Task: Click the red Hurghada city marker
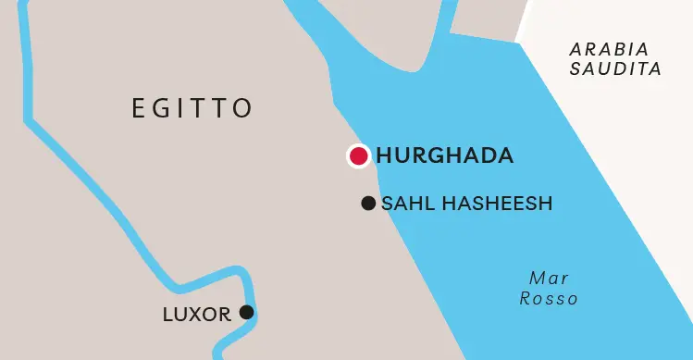tap(358, 156)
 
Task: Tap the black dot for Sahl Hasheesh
tap(368, 204)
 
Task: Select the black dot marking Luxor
tap(246, 312)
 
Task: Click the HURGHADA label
tap(444, 156)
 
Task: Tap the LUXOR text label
tap(196, 315)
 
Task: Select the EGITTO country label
tap(192, 108)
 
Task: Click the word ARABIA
tap(609, 49)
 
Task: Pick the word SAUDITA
tap(615, 68)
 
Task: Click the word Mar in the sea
tap(549, 279)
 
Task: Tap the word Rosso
tap(549, 299)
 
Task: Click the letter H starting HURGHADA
tap(384, 156)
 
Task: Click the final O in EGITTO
tap(242, 108)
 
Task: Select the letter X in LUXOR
tap(196, 315)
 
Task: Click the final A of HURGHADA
tap(503, 156)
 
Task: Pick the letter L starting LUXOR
tap(167, 315)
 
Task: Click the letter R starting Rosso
tap(526, 299)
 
